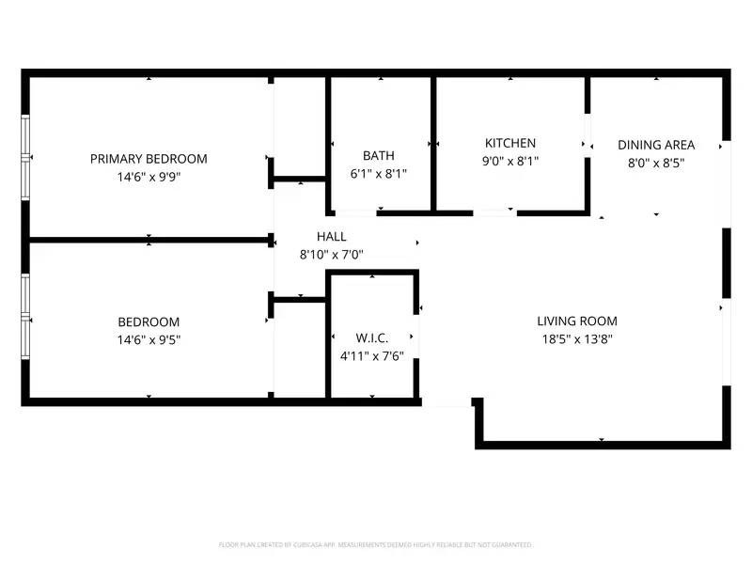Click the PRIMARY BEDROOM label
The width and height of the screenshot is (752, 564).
pos(149,159)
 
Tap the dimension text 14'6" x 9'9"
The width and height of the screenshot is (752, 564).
pos(149,176)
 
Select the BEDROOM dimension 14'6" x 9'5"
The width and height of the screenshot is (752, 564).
pos(149,339)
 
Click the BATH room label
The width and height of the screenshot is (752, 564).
pos(379,156)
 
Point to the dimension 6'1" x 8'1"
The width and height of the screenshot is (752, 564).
pos(379,174)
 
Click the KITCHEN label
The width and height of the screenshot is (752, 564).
pos(510,143)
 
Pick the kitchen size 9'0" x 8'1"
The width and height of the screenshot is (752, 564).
pos(510,161)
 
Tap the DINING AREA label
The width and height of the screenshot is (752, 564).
pos(656,145)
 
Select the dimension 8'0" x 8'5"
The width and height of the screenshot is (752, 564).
pos(656,162)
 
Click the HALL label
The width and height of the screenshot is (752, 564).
pos(331,237)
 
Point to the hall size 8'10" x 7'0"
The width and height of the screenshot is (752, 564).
pos(331,254)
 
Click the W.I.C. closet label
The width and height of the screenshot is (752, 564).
pos(372,337)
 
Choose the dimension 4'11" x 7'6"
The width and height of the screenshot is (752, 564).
pos(372,355)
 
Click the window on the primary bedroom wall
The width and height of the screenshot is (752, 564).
pos(25,156)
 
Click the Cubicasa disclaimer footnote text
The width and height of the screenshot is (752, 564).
pos(376,544)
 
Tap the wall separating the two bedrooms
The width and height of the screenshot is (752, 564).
pos(149,240)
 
